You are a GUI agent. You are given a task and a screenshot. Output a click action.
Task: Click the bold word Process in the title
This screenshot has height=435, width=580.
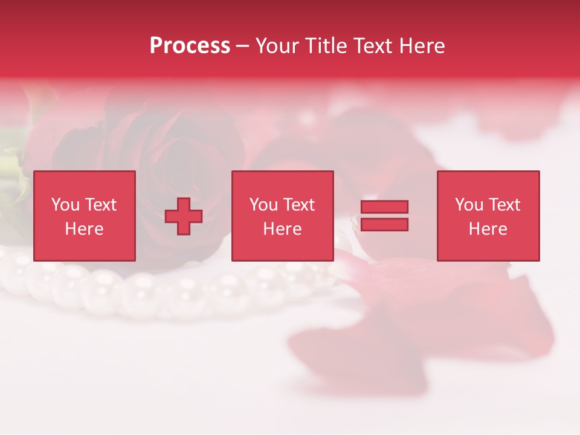pyautogui.click(x=190, y=46)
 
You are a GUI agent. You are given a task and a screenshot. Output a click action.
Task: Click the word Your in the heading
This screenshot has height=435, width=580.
pyautogui.click(x=277, y=46)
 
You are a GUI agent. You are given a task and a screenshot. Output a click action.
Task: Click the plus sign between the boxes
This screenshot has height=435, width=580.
pyautogui.click(x=184, y=216)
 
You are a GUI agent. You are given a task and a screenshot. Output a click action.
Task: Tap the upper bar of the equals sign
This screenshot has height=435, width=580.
pyautogui.click(x=384, y=207)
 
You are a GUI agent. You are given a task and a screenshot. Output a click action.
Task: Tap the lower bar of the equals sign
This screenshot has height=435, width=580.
pyautogui.click(x=384, y=224)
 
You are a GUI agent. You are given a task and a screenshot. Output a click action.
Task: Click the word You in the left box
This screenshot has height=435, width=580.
pyautogui.click(x=65, y=205)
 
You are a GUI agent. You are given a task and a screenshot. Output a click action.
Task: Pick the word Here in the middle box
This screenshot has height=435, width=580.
pyautogui.click(x=283, y=229)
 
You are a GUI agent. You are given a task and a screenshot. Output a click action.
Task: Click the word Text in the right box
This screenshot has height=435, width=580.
pyautogui.click(x=505, y=205)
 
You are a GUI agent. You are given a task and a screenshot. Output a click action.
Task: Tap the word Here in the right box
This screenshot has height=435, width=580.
pyautogui.click(x=488, y=229)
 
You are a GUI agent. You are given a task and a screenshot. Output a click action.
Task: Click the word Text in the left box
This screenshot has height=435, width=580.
pyautogui.click(x=101, y=205)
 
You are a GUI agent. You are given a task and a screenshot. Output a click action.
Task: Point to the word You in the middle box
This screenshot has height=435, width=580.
pyautogui.click(x=263, y=205)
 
